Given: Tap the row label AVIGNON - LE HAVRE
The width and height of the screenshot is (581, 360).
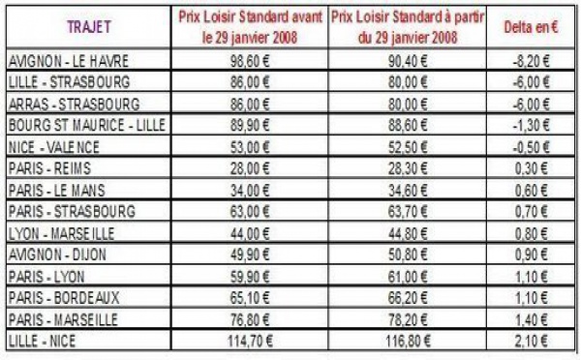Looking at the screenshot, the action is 57,62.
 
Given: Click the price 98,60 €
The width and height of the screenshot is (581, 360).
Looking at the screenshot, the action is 250,62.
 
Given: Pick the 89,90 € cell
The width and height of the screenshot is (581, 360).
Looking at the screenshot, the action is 250,126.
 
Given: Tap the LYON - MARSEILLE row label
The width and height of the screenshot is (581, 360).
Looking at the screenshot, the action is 59,232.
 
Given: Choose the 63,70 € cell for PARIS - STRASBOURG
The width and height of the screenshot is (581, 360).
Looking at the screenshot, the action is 409,211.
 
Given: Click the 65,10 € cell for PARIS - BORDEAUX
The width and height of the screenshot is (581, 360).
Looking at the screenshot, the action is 250,296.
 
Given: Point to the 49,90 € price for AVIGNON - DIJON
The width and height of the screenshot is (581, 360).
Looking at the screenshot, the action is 250,254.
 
